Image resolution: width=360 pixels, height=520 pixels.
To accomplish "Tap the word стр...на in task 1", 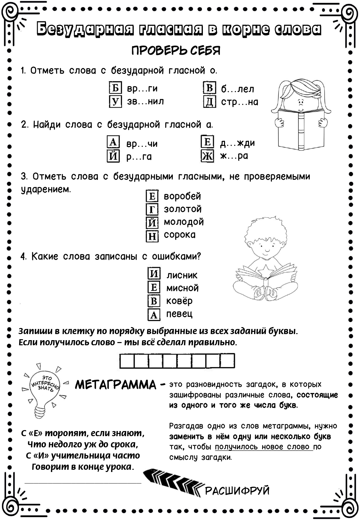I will point(239,102).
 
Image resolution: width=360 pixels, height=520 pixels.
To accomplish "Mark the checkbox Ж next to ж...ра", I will point(207,156).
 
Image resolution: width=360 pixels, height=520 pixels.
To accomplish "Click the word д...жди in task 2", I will point(237,143).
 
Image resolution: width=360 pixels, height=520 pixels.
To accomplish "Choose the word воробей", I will point(182,196).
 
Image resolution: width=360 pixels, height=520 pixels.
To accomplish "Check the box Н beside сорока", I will point(152,236).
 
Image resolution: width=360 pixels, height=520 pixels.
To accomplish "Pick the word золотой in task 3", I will point(182,209).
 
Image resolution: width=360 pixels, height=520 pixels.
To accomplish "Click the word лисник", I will point(182,275).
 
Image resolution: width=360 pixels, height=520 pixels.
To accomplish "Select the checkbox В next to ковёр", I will point(154,301).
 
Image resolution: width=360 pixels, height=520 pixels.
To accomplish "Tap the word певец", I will point(179,314).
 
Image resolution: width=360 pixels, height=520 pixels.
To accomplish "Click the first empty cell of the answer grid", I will point(127,361).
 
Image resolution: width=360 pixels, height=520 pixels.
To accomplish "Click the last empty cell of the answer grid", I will point(228,361).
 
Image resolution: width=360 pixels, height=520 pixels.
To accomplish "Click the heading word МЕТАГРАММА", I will point(116,385).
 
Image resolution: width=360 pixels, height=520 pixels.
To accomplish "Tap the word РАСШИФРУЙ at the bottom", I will point(237,491).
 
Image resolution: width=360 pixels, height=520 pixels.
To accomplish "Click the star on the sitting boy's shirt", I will point(265,272).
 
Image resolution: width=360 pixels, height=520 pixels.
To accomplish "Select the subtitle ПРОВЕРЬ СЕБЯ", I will point(176,51).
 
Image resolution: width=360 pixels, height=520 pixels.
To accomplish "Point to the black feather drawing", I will point(173,482).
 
